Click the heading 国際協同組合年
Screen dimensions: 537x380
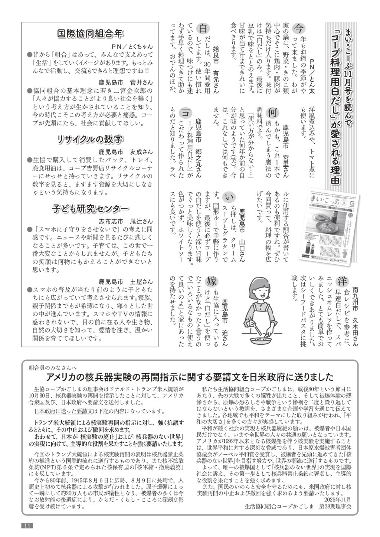(89, 34)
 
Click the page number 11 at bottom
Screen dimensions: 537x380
(27, 525)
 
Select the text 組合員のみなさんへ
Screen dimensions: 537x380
(53, 367)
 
